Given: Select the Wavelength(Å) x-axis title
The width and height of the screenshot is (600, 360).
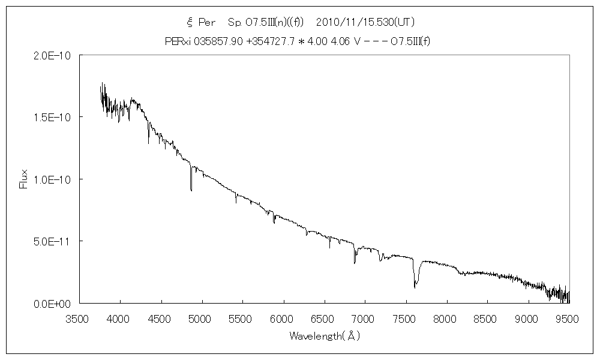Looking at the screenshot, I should pos(324,336).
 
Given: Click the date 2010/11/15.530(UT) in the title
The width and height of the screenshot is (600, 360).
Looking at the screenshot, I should pos(365,22).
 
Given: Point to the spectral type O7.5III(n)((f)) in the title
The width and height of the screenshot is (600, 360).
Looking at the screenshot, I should pos(266,22).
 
